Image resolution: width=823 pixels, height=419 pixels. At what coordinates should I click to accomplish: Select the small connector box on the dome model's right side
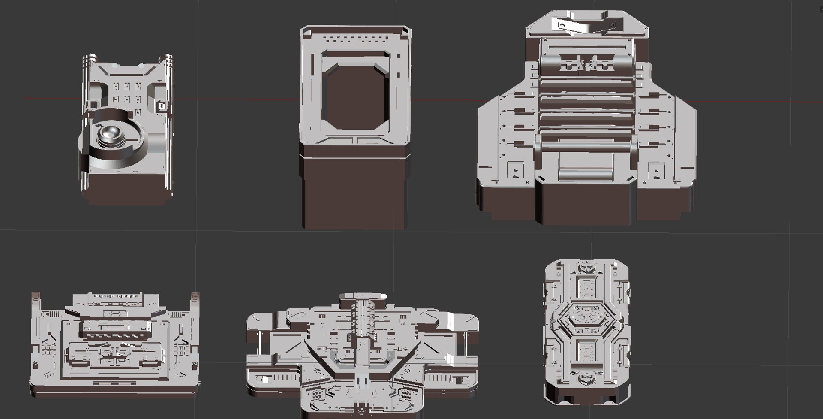[x=162, y=106]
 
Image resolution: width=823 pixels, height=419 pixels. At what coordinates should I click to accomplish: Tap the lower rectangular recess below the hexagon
[x=586, y=350]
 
